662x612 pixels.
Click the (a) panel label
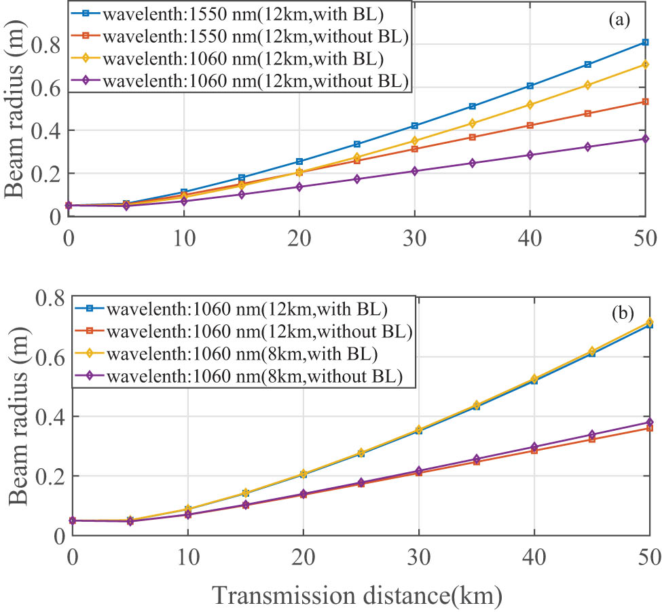tap(619, 20)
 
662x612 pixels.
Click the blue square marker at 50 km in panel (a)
tap(645, 43)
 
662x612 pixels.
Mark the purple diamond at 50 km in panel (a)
tap(645, 139)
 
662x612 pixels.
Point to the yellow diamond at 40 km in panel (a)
tap(530, 104)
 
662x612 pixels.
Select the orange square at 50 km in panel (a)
tap(645, 102)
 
